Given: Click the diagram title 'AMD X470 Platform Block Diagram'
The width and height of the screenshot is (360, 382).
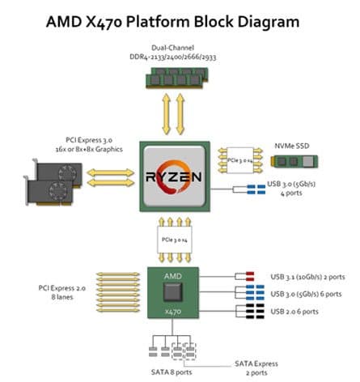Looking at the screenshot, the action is (172, 22).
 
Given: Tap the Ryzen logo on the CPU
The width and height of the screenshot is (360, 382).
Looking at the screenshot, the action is (174, 176).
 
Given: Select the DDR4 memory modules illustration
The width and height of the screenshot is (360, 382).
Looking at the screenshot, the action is (177, 78).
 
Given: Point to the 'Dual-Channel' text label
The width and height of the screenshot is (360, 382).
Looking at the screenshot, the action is (172, 48).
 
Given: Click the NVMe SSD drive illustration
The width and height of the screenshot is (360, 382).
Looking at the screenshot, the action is (294, 162).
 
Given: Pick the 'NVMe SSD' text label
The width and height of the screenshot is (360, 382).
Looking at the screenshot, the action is (292, 146).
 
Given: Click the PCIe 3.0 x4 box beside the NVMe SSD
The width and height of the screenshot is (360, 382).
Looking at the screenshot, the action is (240, 160).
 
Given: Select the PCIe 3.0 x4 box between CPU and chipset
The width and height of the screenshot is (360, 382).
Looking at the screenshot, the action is (175, 240).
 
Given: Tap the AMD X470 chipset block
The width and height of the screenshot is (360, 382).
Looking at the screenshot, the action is (173, 293).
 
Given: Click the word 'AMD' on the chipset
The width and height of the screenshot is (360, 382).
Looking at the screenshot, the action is (173, 276).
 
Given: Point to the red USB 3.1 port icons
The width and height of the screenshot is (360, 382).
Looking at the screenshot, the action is (250, 277).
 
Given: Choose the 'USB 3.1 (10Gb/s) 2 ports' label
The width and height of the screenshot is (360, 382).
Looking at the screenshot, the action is (307, 277).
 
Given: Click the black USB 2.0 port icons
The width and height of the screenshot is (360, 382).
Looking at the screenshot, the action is (255, 312).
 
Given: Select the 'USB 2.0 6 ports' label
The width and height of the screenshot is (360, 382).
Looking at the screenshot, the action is (294, 312).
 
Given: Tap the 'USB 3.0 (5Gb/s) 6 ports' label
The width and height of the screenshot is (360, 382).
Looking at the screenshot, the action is (306, 294).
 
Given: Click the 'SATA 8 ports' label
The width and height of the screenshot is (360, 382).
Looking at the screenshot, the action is (172, 372).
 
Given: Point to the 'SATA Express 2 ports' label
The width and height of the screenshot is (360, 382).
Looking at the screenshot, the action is (256, 368).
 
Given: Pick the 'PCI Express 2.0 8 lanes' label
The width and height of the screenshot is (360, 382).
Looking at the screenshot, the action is (62, 292).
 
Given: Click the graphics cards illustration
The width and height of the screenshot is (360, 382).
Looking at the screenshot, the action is (53, 182).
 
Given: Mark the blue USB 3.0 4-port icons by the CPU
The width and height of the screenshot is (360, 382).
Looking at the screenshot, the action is (256, 189).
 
